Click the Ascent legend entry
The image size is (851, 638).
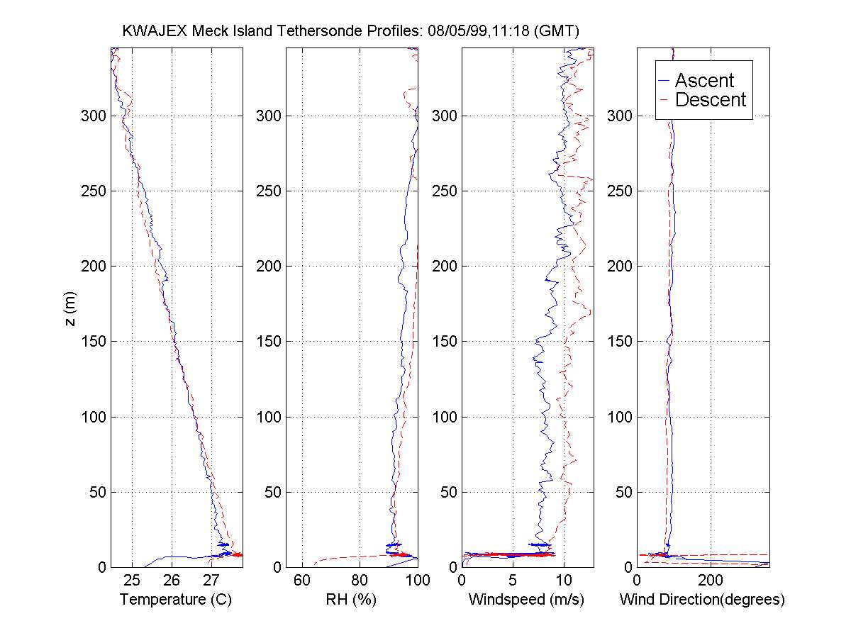tap(703, 80)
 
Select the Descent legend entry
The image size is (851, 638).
tap(710, 100)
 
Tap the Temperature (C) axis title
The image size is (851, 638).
tap(176, 600)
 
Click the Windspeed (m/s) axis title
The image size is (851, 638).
tap(526, 600)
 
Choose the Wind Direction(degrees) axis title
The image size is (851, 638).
tap(702, 600)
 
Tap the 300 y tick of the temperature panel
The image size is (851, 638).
tap(91, 116)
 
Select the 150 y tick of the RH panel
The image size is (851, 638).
tap(267, 341)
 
